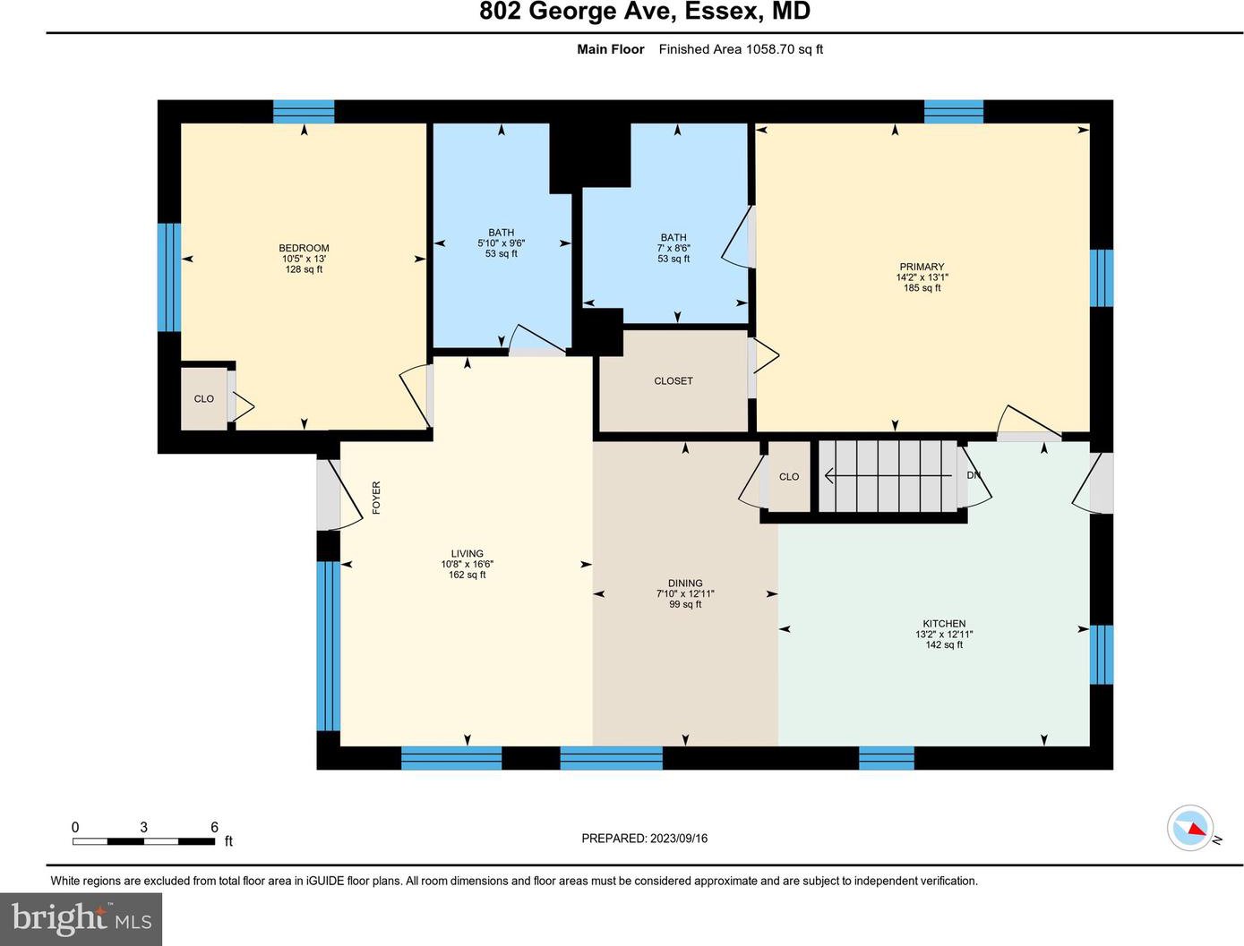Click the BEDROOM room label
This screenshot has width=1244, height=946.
304,248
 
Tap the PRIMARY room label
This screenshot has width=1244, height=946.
922,267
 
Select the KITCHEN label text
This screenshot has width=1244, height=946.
944,623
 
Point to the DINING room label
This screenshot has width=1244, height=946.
685,583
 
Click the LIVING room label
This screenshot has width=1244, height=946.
467,553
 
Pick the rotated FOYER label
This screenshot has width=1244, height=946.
376,498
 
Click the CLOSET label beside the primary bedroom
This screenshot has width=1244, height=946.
673,381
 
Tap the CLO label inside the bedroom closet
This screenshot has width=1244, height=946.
204,398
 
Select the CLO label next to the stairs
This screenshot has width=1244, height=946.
789,477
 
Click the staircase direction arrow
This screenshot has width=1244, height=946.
888,476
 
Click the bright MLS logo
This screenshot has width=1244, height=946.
81,919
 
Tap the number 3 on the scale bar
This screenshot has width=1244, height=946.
144,827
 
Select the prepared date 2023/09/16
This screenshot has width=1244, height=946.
678,839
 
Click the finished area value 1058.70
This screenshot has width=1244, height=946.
769,49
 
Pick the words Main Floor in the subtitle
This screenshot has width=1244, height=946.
611,49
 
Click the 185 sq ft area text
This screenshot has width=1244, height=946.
922,287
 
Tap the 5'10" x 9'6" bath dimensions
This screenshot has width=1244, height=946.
501,243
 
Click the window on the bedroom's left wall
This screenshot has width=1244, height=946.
169,277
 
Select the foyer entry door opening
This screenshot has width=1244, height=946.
328,495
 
